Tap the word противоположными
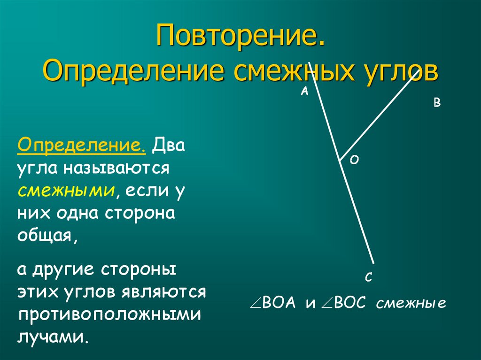click(110, 314)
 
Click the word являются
click(163, 291)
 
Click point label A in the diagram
click(304, 92)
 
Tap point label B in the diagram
click(436, 103)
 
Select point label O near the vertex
click(355, 161)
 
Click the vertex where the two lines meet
click(340, 161)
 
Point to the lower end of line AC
click(373, 263)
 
